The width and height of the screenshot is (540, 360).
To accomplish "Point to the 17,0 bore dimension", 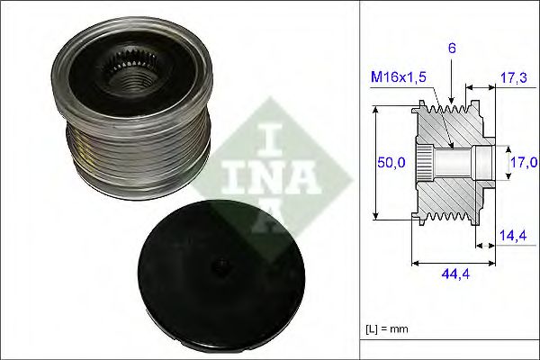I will (524, 162).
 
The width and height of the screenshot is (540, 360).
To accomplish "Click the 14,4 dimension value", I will (513, 235).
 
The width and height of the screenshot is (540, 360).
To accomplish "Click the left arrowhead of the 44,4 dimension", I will (414, 264).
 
